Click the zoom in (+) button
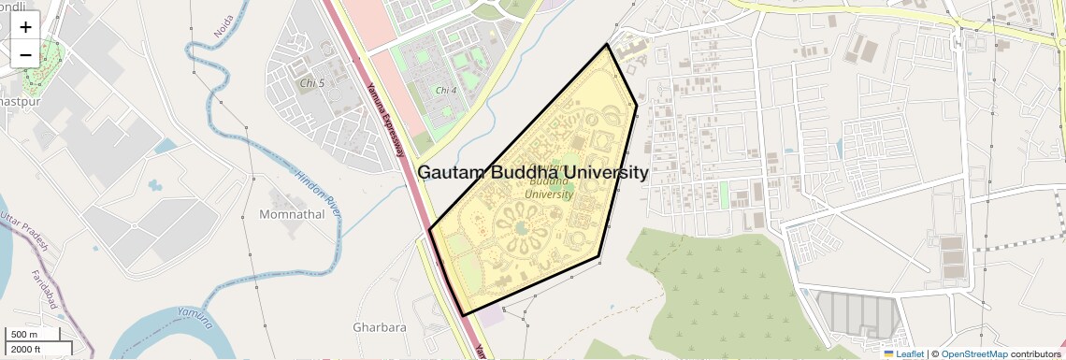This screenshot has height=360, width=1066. tap(25, 26)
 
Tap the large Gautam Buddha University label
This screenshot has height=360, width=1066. tap(532, 173)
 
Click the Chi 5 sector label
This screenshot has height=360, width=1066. tap(311, 83)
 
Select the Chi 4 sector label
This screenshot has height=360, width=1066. tap(446, 91)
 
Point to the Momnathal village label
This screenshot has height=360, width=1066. tap(293, 214)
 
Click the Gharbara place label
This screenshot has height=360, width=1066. tap(380, 328)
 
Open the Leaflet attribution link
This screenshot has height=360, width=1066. tap(904, 353)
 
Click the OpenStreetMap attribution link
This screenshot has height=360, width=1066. tap(973, 353)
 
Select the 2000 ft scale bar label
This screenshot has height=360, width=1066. tap(27, 349)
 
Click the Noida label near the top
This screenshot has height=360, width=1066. tap(223, 25)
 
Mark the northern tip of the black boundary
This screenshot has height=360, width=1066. tap(608, 44)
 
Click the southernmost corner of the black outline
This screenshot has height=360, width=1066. tap(462, 314)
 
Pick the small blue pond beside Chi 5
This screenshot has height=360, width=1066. tap(165, 147)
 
